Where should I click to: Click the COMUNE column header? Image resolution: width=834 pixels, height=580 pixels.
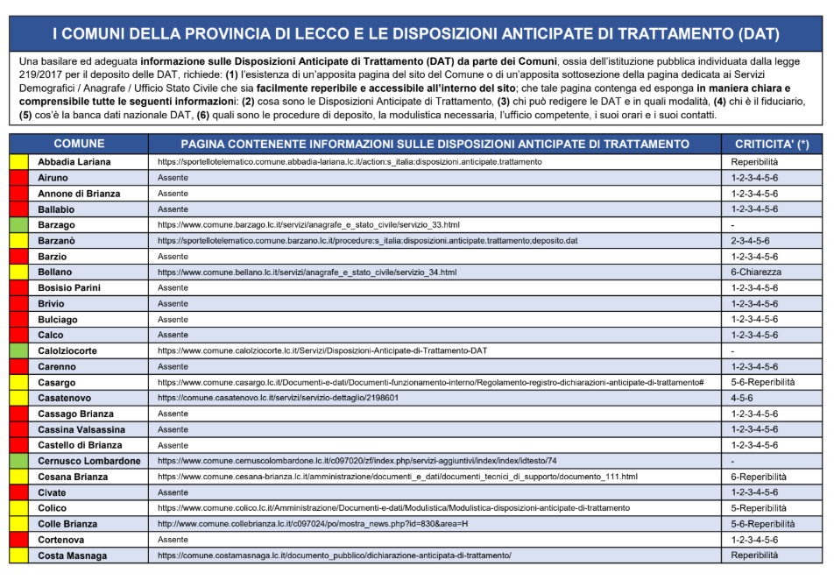pos(79,144)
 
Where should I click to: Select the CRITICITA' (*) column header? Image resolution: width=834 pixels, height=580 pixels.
pos(772,144)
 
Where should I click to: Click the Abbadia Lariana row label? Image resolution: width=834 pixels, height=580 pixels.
pos(74,162)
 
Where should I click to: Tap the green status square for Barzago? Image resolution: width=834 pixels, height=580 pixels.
pos(18,225)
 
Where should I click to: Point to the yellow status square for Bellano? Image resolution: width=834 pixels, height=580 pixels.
pos(18,272)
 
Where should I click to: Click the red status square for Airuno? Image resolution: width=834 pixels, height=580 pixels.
pos(18,178)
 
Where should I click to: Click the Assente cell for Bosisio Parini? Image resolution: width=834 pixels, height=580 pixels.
pos(173,288)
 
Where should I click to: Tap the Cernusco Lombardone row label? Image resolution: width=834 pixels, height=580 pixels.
pos(88,461)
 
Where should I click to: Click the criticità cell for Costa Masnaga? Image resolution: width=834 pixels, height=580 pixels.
pos(754,555)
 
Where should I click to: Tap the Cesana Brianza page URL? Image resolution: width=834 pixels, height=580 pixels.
pos(397,477)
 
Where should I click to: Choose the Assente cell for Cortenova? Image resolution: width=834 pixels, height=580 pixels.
pos(173,540)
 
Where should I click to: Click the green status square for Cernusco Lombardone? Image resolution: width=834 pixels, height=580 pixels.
pos(18,461)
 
